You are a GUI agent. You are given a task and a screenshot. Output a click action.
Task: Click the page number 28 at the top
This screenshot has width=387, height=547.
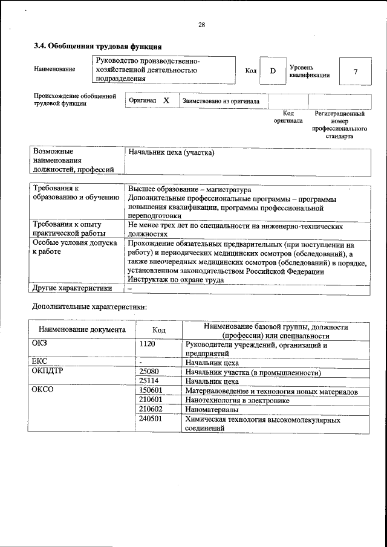click(202, 25)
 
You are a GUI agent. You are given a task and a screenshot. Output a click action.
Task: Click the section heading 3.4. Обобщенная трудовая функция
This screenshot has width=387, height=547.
click(97, 46)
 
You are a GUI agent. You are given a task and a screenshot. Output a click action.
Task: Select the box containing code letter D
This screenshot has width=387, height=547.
click(273, 71)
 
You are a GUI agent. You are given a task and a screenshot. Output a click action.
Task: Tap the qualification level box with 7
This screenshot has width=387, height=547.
click(356, 71)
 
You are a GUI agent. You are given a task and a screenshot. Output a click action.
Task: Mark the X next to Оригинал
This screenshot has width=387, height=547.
click(166, 101)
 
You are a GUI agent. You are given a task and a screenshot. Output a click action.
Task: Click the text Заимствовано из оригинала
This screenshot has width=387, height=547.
click(221, 102)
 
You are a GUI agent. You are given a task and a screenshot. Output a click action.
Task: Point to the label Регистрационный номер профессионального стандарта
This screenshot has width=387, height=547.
click(340, 125)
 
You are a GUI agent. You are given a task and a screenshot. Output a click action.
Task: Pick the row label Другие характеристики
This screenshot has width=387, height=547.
click(73, 288)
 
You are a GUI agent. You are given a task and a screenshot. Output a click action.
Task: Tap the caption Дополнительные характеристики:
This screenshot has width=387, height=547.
click(89, 307)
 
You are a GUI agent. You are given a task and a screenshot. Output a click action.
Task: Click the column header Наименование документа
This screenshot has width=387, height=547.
click(82, 330)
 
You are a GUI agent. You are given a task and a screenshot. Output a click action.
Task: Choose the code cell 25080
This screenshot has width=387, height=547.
click(149, 372)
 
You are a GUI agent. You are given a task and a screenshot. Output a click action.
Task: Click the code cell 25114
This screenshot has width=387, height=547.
click(149, 382)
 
